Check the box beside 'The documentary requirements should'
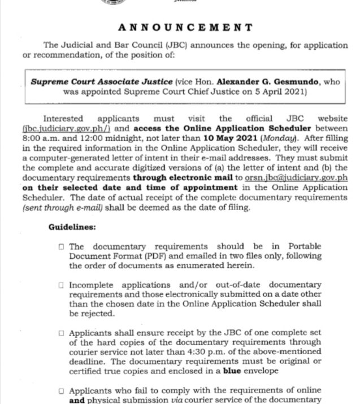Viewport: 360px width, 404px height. (61, 247)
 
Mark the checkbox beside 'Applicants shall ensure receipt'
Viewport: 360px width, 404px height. (61, 334)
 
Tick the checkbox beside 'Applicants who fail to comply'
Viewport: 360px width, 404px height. (61, 390)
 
